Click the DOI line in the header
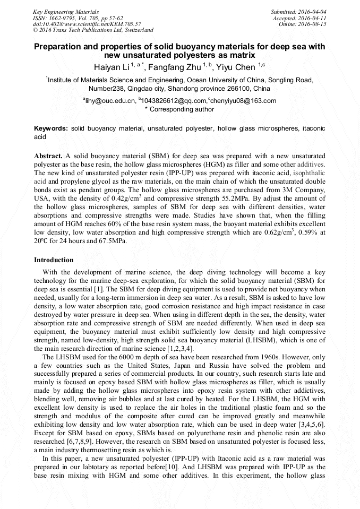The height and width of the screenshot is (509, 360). point(87,24)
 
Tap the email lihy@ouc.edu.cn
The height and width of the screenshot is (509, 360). point(110,101)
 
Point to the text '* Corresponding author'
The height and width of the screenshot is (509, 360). point(179,109)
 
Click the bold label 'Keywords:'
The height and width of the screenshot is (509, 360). point(51,128)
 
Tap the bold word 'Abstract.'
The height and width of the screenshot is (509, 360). point(48,157)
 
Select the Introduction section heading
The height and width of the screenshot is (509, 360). point(54,260)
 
